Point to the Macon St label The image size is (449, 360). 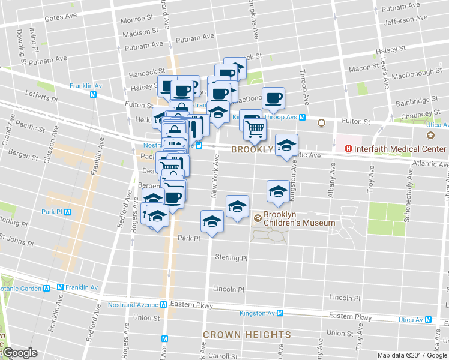pos(369,68)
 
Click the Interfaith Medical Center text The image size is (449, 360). pos(400,149)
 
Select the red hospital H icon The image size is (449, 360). pos(347,149)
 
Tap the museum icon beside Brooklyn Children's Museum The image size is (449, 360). pos(257,218)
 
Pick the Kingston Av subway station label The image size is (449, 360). pos(258,313)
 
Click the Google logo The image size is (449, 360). pos(20,353)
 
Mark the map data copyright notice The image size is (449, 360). pos(412,355)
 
